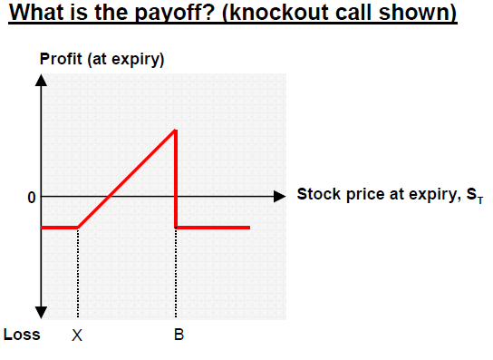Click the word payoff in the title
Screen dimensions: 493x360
click(175, 14)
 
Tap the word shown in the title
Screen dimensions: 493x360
click(418, 13)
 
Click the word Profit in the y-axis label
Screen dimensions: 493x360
click(61, 59)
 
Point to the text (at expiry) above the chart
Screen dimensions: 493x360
click(126, 60)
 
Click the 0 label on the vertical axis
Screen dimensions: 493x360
click(32, 198)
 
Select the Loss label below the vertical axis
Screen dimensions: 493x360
click(22, 335)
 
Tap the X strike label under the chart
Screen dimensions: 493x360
click(77, 336)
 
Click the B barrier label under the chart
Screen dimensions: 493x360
click(179, 335)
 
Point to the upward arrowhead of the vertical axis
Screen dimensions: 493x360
click(41, 80)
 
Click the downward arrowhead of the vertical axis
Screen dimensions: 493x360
click(41, 313)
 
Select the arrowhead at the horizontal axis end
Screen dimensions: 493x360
click(279, 197)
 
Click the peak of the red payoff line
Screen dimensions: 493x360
click(176, 130)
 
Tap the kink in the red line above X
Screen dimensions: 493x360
click(78, 228)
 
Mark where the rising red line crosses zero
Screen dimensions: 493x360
click(109, 197)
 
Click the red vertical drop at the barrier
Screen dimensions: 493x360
click(176, 179)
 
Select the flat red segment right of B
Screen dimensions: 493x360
click(213, 228)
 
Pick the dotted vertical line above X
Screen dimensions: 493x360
click(78, 273)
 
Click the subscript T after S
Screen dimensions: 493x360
click(480, 200)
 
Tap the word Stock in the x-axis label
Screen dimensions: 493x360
click(319, 194)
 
